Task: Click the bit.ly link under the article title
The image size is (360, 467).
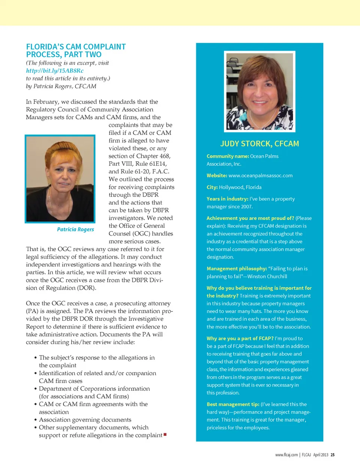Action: [55, 71]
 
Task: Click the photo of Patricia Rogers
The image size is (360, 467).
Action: [60, 179]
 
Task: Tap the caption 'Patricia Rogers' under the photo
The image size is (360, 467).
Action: [75, 229]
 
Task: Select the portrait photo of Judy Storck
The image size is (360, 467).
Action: [259, 91]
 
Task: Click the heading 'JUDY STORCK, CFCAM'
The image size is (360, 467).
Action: [259, 144]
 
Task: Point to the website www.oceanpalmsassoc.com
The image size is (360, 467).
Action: [260, 176]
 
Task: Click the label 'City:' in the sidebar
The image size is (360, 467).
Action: [212, 187]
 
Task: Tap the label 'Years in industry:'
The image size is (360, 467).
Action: [227, 199]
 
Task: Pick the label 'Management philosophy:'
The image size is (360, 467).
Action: [237, 269]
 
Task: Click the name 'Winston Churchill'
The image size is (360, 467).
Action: [267, 276]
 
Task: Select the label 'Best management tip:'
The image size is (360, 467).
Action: [233, 404]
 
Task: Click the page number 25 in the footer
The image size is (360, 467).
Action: [333, 455]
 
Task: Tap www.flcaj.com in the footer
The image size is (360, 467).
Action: [286, 455]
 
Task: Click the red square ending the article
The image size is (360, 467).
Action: [165, 435]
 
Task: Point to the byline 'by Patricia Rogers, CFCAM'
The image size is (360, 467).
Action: [61, 86]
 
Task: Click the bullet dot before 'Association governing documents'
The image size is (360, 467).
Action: [35, 420]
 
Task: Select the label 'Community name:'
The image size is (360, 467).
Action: [228, 156]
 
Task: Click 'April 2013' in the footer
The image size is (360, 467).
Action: [321, 455]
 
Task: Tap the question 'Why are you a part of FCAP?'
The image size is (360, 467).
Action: [240, 338]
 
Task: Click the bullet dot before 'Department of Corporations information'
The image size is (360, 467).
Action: [35, 389]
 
